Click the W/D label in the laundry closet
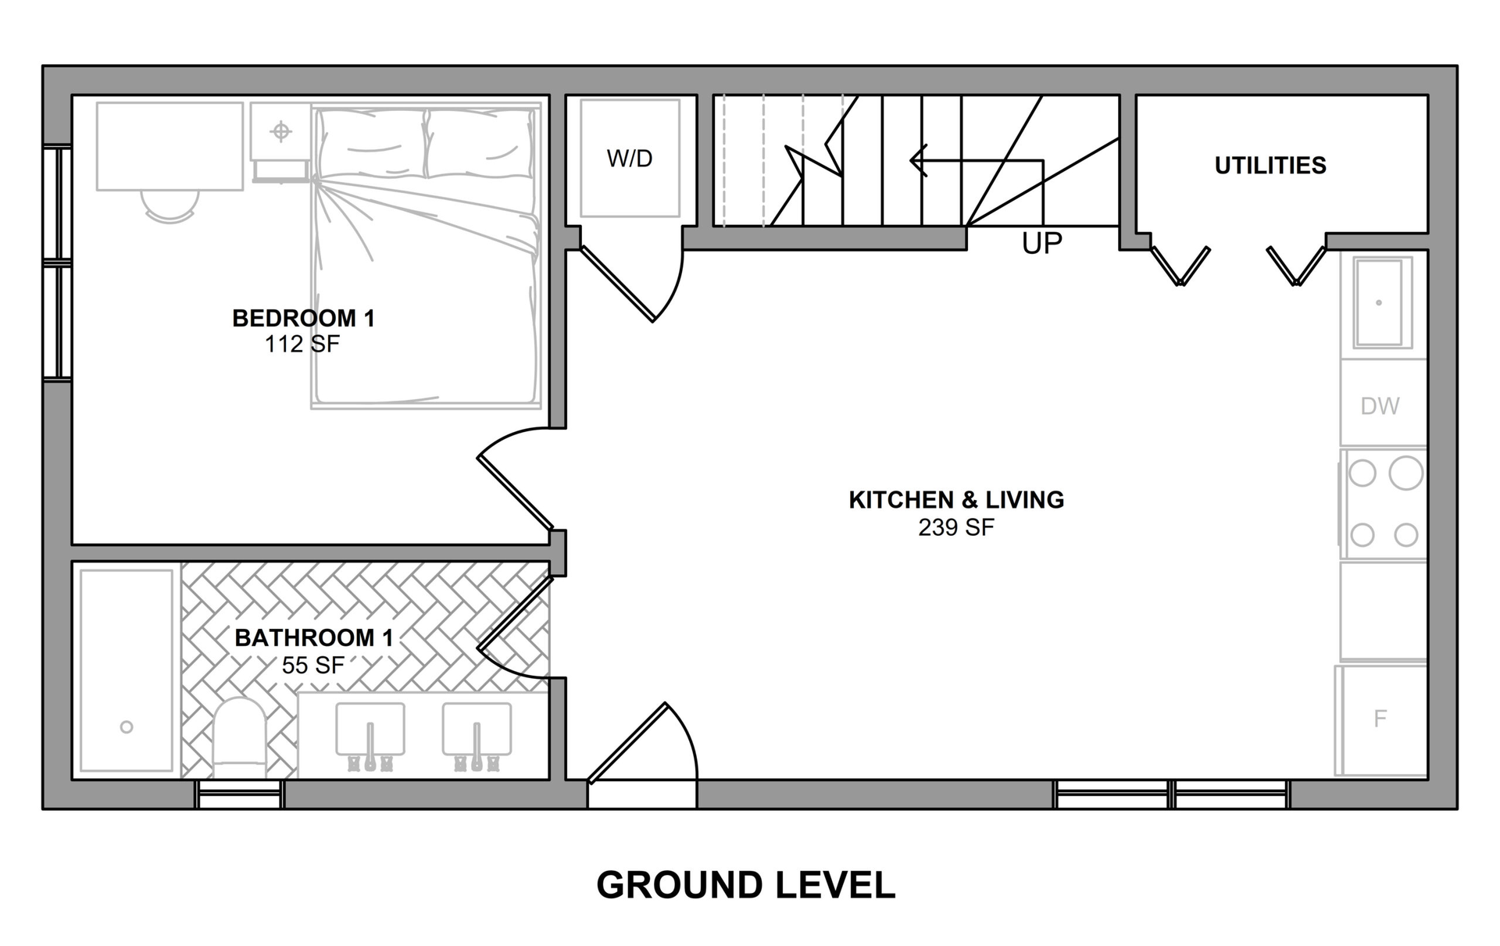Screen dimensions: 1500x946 tap(630, 159)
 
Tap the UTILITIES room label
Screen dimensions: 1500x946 tap(1270, 166)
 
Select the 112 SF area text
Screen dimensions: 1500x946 tap(302, 344)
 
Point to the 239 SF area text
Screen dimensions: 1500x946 tap(956, 528)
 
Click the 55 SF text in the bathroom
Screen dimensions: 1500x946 tap(312, 666)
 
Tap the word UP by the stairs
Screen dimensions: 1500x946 tap(1042, 245)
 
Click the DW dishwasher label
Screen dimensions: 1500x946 tap(1380, 406)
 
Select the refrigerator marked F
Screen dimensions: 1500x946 tap(1381, 719)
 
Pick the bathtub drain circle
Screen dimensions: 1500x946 tap(127, 727)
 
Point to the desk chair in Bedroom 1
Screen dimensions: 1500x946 tap(170, 205)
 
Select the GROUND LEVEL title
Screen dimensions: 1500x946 tap(746, 885)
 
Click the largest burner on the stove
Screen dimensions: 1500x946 tap(1406, 473)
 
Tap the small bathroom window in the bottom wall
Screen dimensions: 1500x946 tap(239, 794)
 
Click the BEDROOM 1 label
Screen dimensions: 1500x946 tap(304, 318)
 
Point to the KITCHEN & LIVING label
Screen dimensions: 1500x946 tap(956, 500)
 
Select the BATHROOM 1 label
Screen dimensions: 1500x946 tap(314, 638)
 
